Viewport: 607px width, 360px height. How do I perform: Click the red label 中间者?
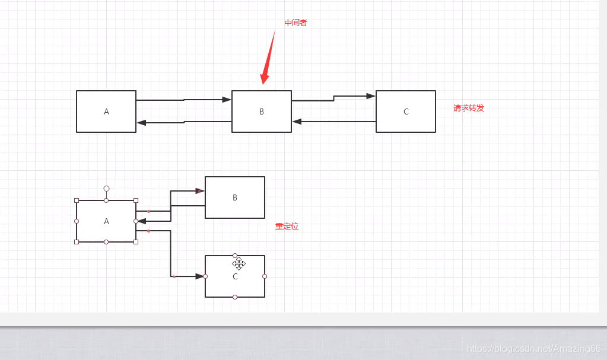pyautogui.click(x=295, y=23)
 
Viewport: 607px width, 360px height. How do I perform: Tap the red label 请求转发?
pyautogui.click(x=469, y=108)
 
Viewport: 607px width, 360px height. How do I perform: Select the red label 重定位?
pyautogui.click(x=287, y=227)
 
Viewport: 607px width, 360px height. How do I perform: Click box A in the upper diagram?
pyautogui.click(x=106, y=111)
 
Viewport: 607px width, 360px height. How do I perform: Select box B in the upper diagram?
pyautogui.click(x=262, y=111)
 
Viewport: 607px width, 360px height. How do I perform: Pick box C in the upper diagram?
pyautogui.click(x=406, y=111)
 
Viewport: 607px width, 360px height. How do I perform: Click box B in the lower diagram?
pyautogui.click(x=235, y=197)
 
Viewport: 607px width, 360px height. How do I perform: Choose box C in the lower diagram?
pyautogui.click(x=235, y=285)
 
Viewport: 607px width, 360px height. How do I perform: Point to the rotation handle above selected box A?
pyautogui.click(x=106, y=189)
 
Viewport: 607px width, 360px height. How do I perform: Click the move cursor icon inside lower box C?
pyautogui.click(x=239, y=263)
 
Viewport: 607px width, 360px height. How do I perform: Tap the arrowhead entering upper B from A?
pyautogui.click(x=227, y=100)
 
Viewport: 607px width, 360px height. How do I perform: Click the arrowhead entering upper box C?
pyautogui.click(x=371, y=95)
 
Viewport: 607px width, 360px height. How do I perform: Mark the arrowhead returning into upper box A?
pyautogui.click(x=141, y=123)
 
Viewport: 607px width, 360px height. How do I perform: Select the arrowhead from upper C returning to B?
pyautogui.click(x=297, y=122)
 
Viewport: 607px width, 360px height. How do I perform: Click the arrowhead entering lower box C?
pyautogui.click(x=200, y=276)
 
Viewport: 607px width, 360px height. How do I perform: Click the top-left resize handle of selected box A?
pyautogui.click(x=77, y=200)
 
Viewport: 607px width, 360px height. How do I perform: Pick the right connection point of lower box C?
pyautogui.click(x=265, y=276)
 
